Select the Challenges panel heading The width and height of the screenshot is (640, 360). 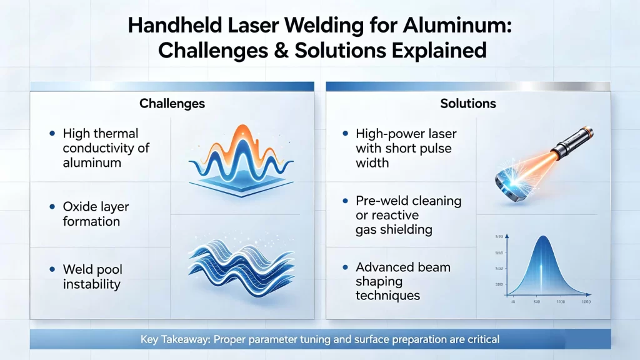click(172, 102)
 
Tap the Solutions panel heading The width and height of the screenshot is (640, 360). click(468, 102)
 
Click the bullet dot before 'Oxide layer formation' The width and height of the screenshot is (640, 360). click(51, 206)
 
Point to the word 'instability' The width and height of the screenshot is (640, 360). click(92, 284)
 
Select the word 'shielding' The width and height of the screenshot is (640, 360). click(406, 229)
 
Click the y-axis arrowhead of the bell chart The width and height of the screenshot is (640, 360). click(507, 234)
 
